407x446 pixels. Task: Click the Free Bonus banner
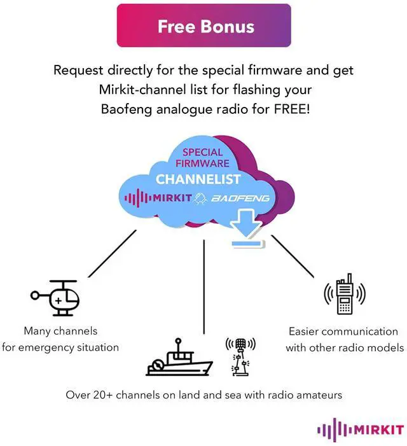pyautogui.click(x=203, y=26)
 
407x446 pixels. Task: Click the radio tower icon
pyautogui.click(x=240, y=356)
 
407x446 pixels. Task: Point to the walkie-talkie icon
pyautogui.click(x=345, y=294)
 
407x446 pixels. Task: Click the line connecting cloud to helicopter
pyautogui.click(x=112, y=253)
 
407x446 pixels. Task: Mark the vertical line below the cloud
pyautogui.click(x=203, y=286)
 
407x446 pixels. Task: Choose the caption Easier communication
pyautogui.click(x=343, y=331)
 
